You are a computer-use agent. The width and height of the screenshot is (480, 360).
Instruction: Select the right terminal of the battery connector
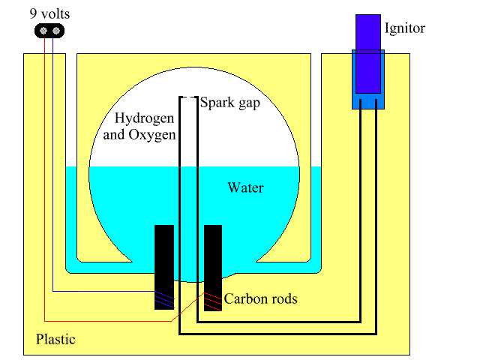(x=55, y=30)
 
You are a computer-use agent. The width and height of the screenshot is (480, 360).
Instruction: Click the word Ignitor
(x=404, y=29)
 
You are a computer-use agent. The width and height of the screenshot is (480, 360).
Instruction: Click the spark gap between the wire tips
(x=189, y=97)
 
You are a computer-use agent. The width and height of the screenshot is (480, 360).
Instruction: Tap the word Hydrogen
(x=144, y=119)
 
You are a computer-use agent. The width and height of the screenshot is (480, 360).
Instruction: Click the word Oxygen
(x=157, y=135)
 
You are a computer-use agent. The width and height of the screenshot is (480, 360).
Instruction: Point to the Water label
(x=245, y=187)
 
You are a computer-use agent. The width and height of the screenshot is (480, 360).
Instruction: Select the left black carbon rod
(x=164, y=266)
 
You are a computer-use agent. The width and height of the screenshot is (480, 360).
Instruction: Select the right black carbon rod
(x=213, y=266)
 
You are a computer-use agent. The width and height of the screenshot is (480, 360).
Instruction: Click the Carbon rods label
(x=260, y=299)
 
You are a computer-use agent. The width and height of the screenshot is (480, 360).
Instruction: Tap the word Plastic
(x=55, y=339)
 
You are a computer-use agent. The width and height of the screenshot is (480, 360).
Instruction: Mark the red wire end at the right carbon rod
(x=213, y=298)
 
